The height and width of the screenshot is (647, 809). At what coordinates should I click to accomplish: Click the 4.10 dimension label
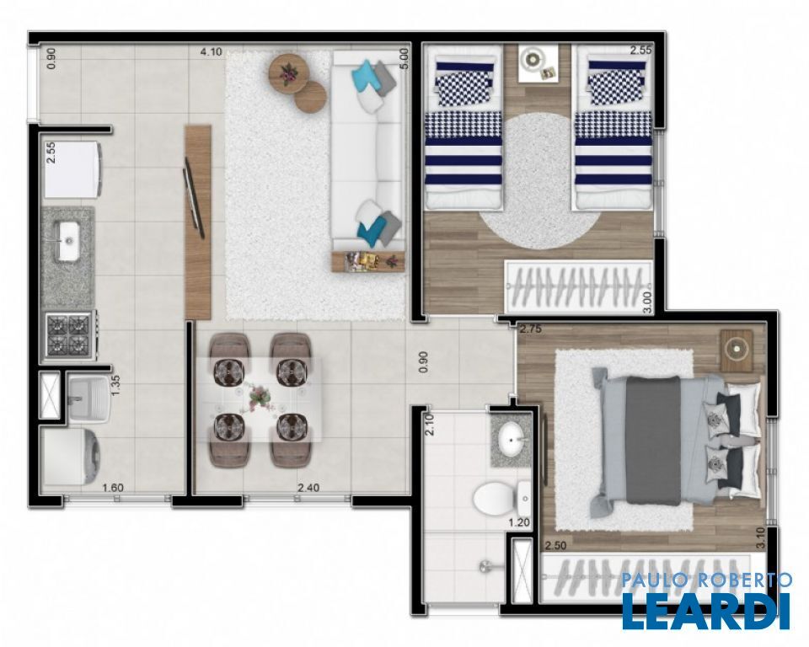coord(211,51)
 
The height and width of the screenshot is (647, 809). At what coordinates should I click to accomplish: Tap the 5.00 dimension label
coord(404,58)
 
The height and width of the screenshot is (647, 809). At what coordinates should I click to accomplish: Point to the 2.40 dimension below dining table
coord(308,488)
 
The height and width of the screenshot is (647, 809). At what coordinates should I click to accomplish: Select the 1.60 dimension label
coord(113,488)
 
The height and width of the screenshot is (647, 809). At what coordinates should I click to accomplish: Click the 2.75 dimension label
coord(530,329)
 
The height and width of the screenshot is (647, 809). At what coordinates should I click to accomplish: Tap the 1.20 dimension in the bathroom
coord(519,522)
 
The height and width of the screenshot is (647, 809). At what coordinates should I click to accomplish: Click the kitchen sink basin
coord(68,241)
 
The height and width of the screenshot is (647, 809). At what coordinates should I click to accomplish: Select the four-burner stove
coord(69,334)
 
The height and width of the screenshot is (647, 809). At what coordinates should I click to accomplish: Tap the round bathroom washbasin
coord(512,440)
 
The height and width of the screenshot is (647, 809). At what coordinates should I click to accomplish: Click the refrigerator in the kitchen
coord(72,169)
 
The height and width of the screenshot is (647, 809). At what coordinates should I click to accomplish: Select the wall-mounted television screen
coord(194,196)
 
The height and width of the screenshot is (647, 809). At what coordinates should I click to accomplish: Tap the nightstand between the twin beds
coord(538,63)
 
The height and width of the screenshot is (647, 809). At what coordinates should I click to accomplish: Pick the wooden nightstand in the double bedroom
coord(737,350)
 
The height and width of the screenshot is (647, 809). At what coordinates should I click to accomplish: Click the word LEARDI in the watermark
coord(706,612)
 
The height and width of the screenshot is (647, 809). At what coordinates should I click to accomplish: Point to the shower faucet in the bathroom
coord(488,566)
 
